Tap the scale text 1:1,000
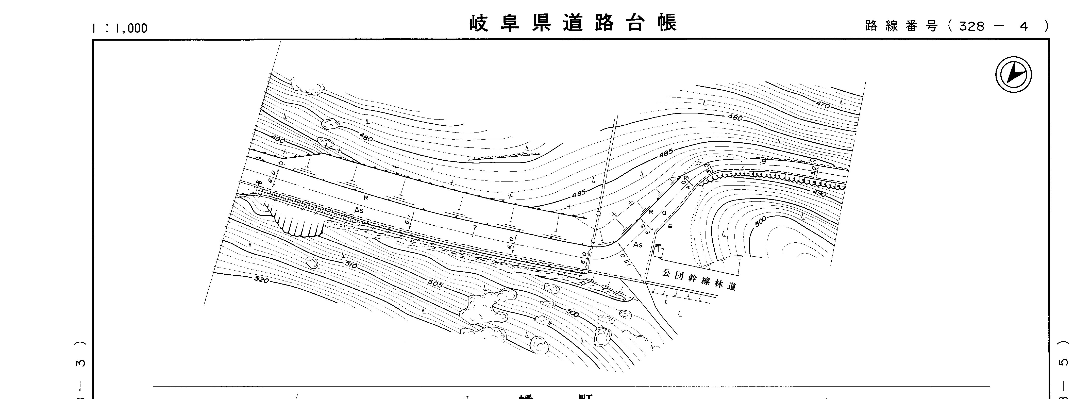coord(120,28)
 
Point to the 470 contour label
coord(823,104)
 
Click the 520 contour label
coord(261,279)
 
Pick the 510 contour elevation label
coord(351,265)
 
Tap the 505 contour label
coord(434,285)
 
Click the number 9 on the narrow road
coord(764,162)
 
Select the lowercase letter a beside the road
coord(664,213)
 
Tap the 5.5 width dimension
coord(644,228)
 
